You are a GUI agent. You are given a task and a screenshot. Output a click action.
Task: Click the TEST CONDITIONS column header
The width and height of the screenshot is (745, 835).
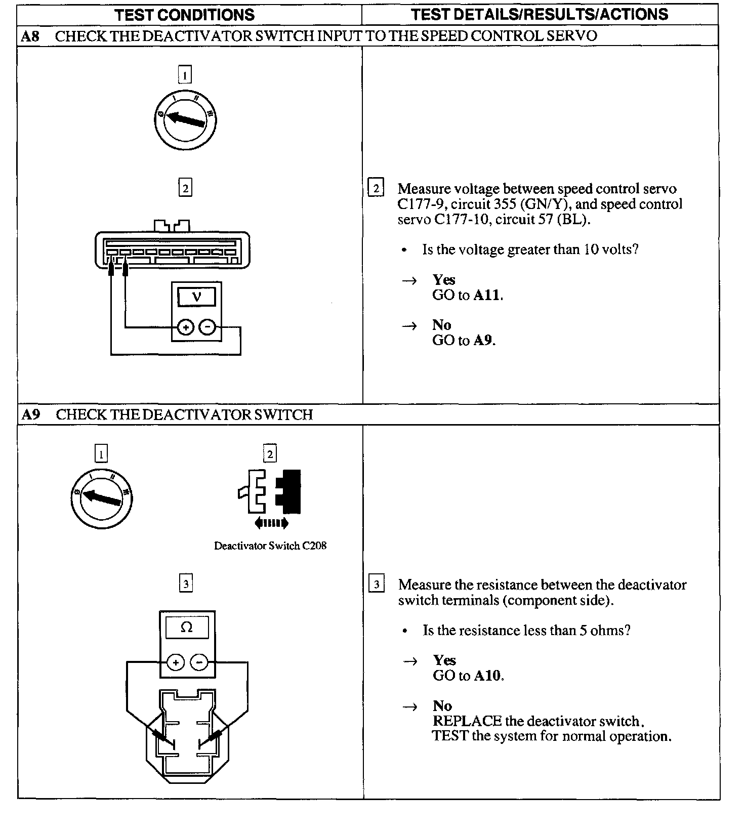click(x=185, y=15)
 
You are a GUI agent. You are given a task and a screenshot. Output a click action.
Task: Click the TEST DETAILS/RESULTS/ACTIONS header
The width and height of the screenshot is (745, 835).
click(x=540, y=14)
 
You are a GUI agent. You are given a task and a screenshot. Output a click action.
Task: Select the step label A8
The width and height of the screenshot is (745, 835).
click(x=31, y=36)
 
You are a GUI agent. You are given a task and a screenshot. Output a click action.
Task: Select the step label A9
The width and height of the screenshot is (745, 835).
click(x=31, y=415)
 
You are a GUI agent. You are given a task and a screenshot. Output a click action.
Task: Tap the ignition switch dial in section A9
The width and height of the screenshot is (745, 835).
click(x=102, y=498)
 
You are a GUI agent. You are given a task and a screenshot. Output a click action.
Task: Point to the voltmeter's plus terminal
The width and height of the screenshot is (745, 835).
click(x=186, y=327)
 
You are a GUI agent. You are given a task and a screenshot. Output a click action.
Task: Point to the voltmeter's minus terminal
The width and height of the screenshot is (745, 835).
click(x=207, y=327)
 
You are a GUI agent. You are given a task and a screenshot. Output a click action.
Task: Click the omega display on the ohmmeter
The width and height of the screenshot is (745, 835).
click(x=187, y=628)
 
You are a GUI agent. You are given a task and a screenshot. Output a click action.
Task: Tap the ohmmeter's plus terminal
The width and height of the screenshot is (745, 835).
click(x=176, y=662)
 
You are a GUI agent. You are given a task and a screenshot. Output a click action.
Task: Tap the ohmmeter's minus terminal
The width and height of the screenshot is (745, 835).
click(x=199, y=662)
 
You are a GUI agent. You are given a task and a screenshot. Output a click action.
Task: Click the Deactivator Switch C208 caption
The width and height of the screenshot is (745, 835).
click(x=270, y=546)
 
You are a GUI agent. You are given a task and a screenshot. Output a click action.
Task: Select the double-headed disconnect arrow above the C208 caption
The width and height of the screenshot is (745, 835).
click(x=272, y=523)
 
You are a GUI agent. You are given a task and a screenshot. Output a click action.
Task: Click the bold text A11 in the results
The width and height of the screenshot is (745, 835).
click(x=487, y=295)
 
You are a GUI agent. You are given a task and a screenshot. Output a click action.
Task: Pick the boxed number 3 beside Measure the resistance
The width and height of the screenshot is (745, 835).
click(x=377, y=584)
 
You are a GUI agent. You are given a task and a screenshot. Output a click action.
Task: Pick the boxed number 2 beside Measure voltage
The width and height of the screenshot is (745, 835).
click(x=376, y=188)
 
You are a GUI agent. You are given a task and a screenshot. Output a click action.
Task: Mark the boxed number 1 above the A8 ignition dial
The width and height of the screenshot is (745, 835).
click(x=185, y=76)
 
